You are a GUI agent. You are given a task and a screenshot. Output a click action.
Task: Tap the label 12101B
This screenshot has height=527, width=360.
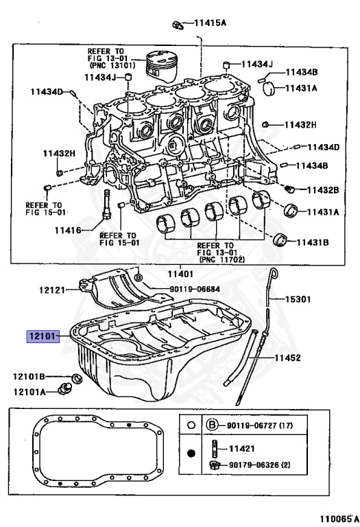(29, 377)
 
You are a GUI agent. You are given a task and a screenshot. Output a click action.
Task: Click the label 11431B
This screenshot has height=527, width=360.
(313, 242)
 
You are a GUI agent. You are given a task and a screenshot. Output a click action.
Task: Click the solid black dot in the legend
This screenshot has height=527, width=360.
(191, 454)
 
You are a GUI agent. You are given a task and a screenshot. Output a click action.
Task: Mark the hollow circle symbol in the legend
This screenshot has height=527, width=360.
(191, 425)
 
